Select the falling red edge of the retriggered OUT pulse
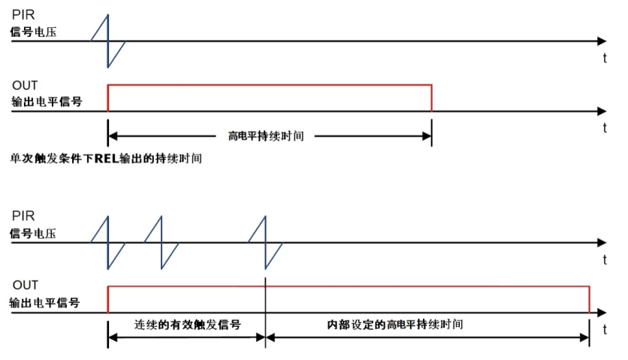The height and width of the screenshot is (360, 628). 589,298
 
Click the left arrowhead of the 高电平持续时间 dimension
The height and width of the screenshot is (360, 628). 113,137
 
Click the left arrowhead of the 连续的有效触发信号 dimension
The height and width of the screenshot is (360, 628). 113,336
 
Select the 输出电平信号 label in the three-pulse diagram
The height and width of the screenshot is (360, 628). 45,303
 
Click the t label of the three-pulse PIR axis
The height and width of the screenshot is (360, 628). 605,259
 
